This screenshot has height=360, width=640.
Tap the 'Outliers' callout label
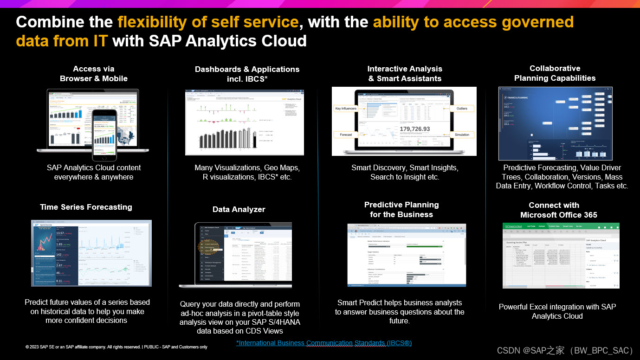coord(462,109)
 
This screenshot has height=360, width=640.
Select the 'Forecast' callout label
coord(346,135)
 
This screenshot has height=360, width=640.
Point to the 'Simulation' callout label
coord(462,135)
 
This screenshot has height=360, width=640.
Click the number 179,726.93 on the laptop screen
coord(414,129)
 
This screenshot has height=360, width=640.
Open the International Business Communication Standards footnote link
coord(323,343)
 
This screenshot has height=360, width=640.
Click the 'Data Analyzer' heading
coord(239,209)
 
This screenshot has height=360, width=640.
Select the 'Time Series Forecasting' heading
coord(86,207)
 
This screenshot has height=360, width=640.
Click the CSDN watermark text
coord(565,351)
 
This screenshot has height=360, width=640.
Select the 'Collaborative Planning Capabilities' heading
coord(555,73)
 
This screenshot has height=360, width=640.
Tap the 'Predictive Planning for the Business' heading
coord(401,210)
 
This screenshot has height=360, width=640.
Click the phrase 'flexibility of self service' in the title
coord(207,22)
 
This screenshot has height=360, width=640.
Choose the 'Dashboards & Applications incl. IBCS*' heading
coord(247,74)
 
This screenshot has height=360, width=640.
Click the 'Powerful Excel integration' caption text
coord(557,307)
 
